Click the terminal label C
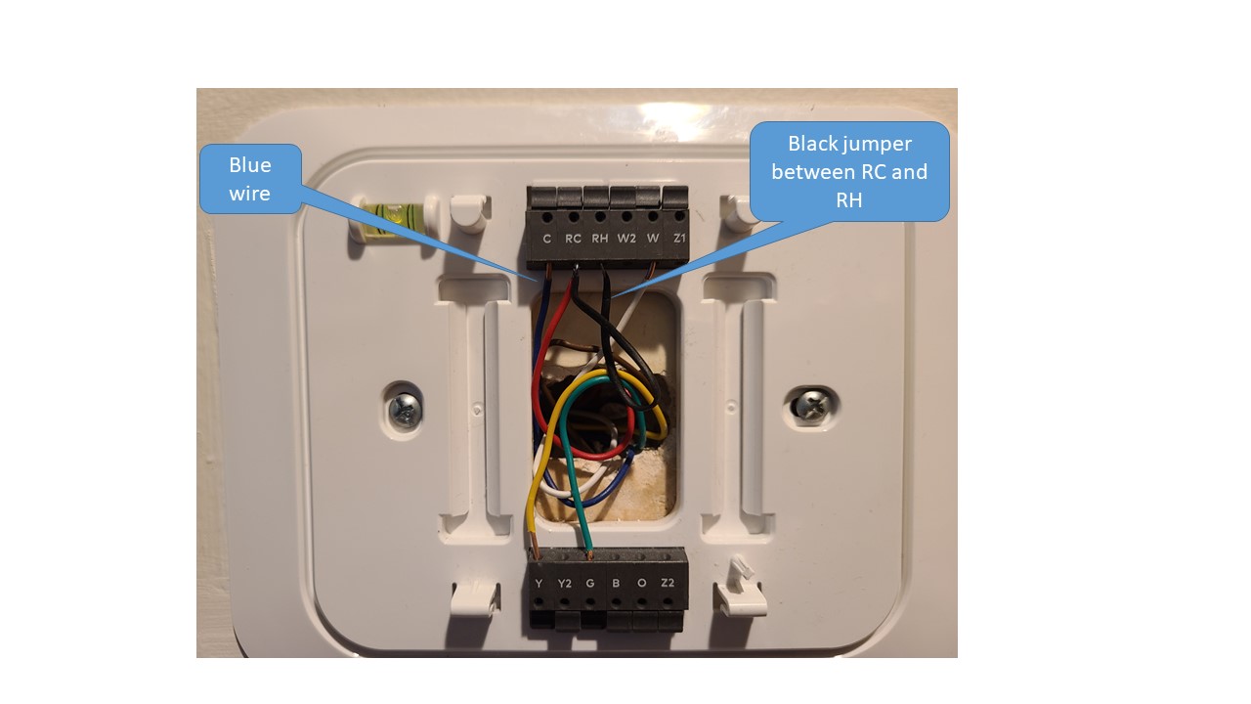click(546, 239)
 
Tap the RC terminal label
click(573, 239)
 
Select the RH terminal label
click(599, 239)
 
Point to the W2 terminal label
click(626, 239)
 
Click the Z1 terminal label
click(680, 239)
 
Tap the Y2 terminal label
click(564, 584)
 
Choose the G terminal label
click(589, 584)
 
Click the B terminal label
click(616, 584)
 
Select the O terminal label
click(641, 584)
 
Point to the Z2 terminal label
click(668, 584)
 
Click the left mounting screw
click(404, 408)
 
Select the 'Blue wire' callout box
click(250, 179)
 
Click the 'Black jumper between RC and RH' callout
click(848, 171)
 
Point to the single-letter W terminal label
click(653, 239)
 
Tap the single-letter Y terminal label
click(539, 584)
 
